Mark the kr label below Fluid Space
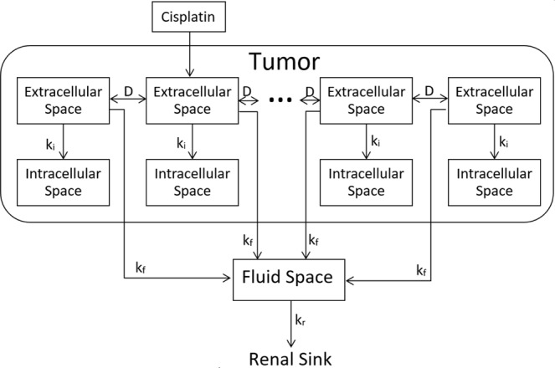tap(297, 319)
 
